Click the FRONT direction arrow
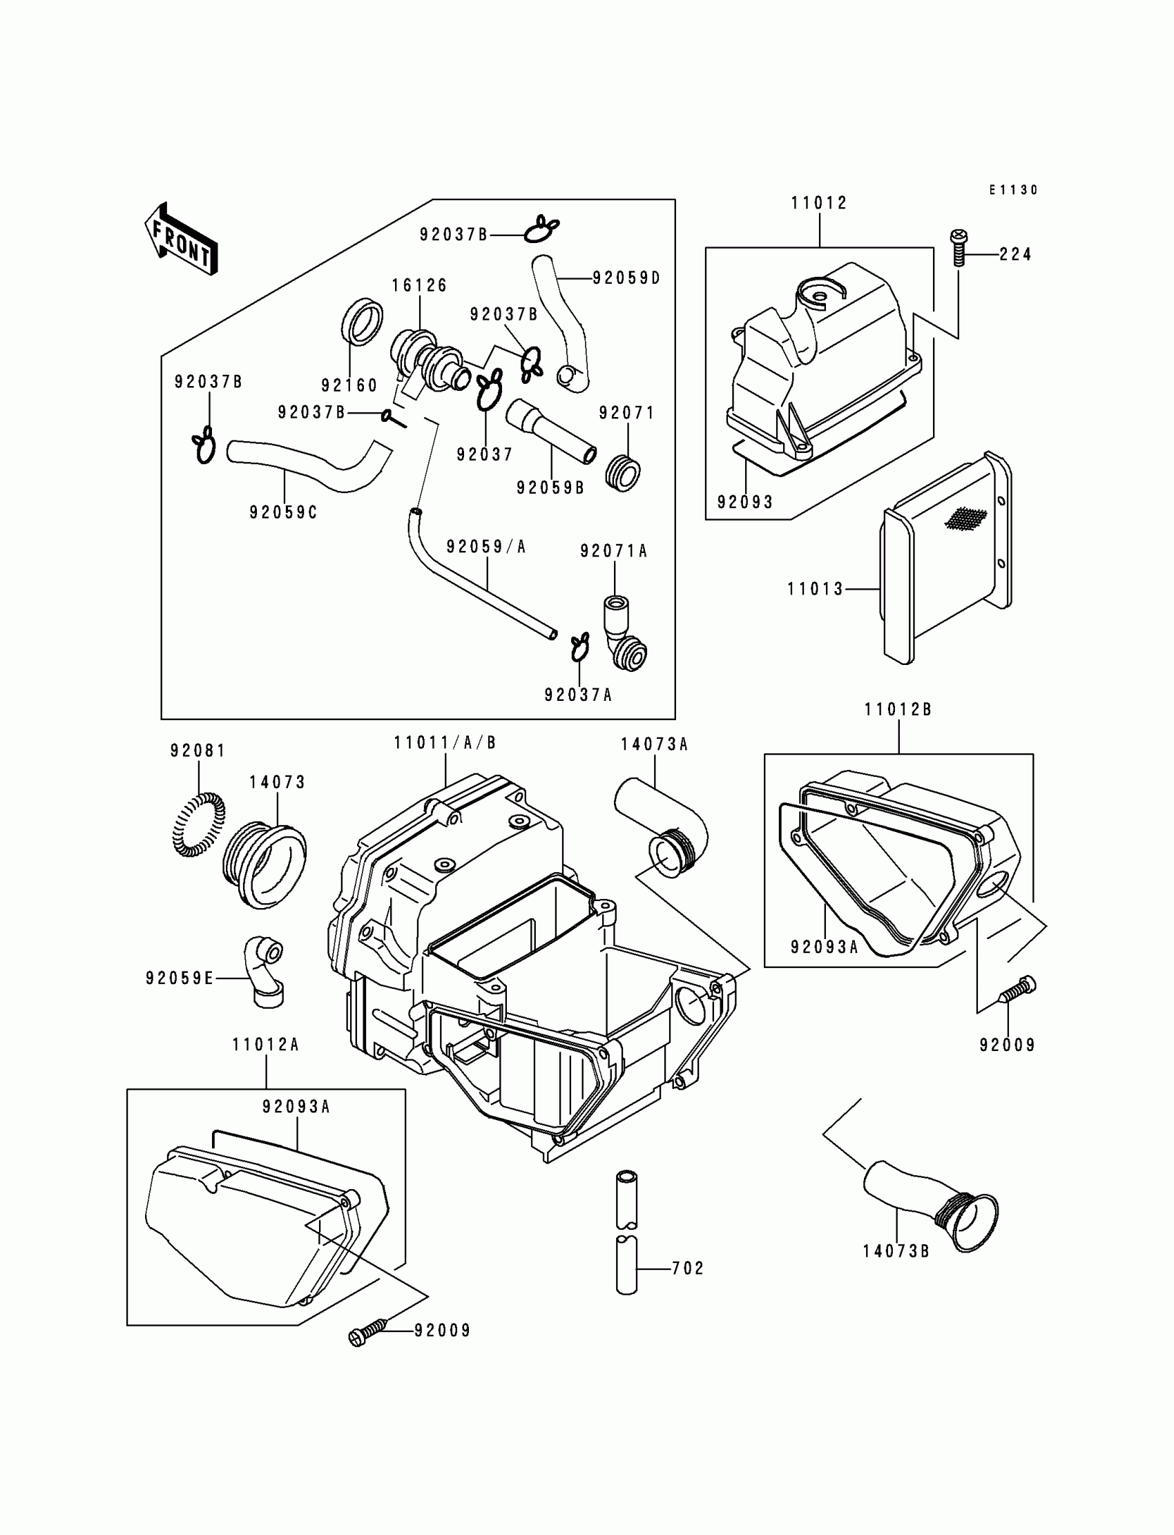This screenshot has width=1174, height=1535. point(181,240)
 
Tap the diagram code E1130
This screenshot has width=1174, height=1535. point(1013,190)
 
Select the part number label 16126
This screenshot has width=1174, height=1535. point(419,285)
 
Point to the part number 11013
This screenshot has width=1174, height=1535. point(816,589)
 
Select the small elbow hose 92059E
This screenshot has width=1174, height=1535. point(265,972)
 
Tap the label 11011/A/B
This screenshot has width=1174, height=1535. point(445,743)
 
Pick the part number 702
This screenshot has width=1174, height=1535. point(688,1268)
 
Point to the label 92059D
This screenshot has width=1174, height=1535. point(626,278)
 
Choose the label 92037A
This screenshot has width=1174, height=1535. point(578,695)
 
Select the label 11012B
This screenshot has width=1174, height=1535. point(898,710)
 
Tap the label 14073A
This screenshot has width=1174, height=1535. point(654,745)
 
